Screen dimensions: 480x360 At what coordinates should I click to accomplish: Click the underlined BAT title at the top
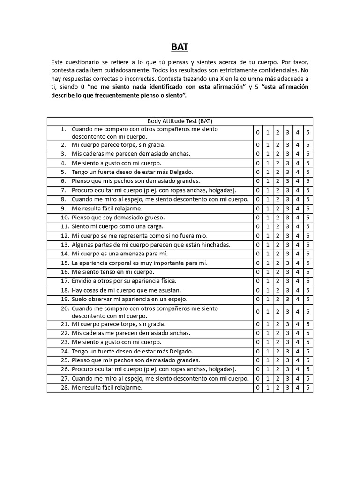pos(180,47)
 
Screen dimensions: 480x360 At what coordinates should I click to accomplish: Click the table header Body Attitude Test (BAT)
pos(180,121)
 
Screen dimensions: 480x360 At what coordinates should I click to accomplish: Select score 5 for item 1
pos(308,133)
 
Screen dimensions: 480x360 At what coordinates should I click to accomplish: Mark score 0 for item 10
pos(257,217)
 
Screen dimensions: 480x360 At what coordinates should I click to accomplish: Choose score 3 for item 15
pos(288,263)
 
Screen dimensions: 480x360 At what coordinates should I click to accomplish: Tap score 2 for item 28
pos(277,388)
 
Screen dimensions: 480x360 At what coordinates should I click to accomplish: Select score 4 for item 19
pos(298,299)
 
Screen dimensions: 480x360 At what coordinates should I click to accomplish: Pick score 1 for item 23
pos(268,342)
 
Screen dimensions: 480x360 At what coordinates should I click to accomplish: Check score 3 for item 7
pos(288,190)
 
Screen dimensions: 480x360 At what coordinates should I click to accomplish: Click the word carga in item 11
pos(149,226)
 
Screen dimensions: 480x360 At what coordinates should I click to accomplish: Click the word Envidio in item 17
pos(82,281)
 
